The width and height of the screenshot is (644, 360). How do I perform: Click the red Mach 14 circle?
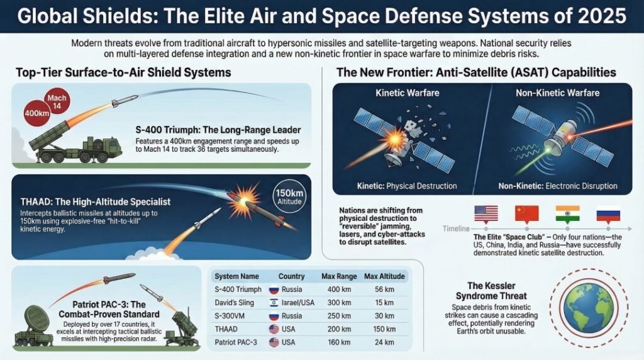57,100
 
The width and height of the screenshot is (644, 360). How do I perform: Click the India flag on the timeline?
567,213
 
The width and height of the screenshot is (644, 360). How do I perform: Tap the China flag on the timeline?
527,213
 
